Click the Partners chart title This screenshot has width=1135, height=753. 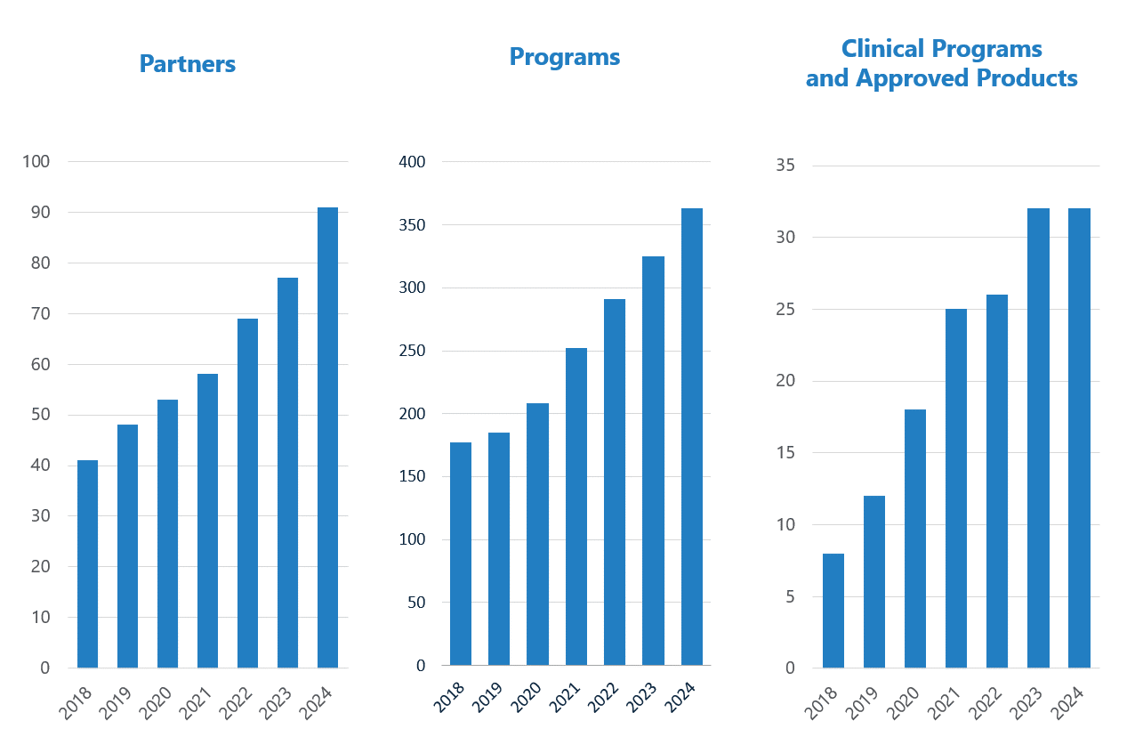pyautogui.click(x=188, y=64)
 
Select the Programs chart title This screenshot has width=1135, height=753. pyautogui.click(x=564, y=57)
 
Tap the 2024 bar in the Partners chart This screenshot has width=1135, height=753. pyautogui.click(x=327, y=437)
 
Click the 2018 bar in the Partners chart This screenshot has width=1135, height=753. pyautogui.click(x=87, y=563)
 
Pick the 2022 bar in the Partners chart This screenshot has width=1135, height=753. pyautogui.click(x=247, y=492)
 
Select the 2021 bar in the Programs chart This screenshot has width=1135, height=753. pyautogui.click(x=576, y=506)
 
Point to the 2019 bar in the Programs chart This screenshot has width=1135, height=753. pyautogui.click(x=499, y=548)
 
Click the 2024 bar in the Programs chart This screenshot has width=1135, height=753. pyautogui.click(x=691, y=436)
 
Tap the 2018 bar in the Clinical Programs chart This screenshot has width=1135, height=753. pyautogui.click(x=833, y=611)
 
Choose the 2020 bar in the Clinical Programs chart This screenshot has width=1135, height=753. pyautogui.click(x=915, y=538)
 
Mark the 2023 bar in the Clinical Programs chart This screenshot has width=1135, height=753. pyautogui.click(x=1038, y=438)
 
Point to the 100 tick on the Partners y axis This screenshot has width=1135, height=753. pyautogui.click(x=37, y=162)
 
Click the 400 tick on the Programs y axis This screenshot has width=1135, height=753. pyautogui.click(x=413, y=162)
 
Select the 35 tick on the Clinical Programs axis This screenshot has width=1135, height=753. pyautogui.click(x=785, y=166)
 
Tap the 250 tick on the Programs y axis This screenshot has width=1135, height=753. pyautogui.click(x=413, y=351)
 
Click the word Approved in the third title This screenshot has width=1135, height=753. pyautogui.click(x=917, y=78)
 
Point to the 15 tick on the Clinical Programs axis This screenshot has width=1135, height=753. pyautogui.click(x=785, y=453)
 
